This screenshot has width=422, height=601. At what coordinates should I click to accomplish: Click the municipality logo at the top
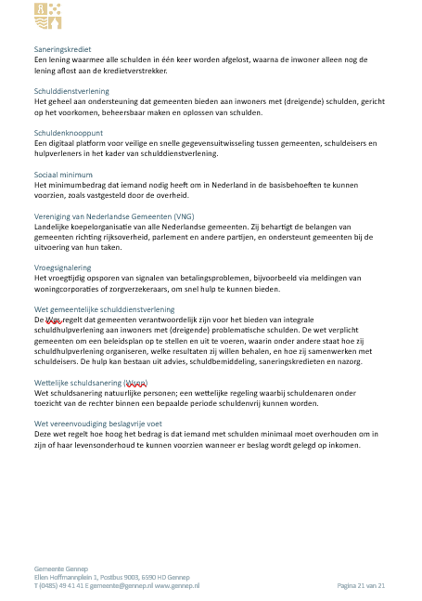tap(46, 13)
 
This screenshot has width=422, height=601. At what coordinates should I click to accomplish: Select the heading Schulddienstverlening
tap(71, 91)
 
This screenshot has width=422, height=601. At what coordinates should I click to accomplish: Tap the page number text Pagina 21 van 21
tap(361, 586)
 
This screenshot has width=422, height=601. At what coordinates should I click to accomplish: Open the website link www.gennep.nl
tap(177, 586)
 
